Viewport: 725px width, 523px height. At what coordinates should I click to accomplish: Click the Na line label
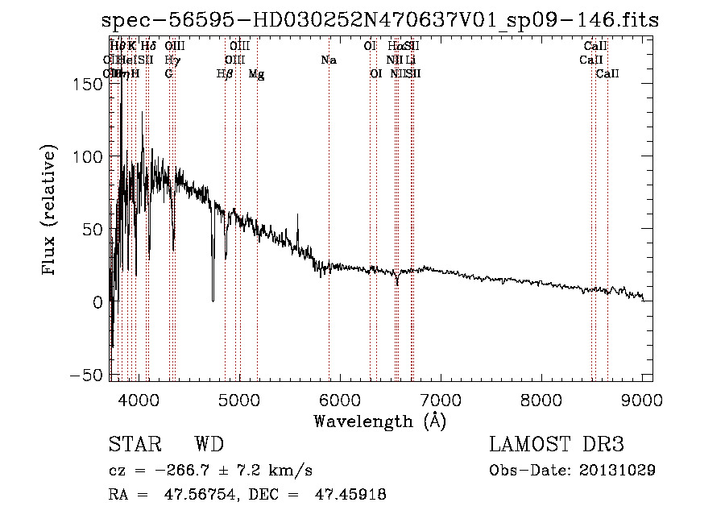[x=329, y=60]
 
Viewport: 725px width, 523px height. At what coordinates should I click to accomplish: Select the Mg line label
[x=256, y=74]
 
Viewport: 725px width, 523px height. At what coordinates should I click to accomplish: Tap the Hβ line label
[x=225, y=74]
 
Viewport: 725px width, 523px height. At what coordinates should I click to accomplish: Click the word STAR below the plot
[x=135, y=445]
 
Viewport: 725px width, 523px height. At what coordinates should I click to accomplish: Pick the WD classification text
[x=209, y=445]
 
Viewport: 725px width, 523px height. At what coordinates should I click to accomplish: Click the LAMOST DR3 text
[x=556, y=445]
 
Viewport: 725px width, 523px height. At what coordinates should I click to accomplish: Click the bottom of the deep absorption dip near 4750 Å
[x=213, y=300]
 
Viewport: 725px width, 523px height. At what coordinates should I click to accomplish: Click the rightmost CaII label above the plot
[x=607, y=74]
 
